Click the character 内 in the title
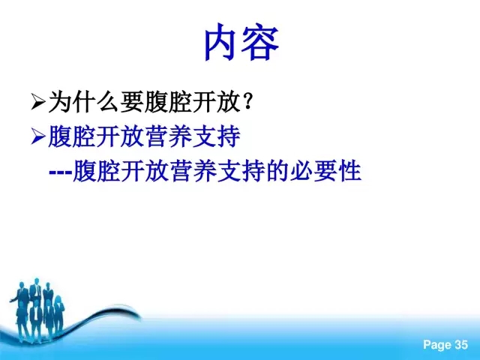(x=222, y=41)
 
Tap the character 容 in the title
(x=260, y=41)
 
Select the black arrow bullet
(x=38, y=102)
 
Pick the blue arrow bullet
(x=38, y=136)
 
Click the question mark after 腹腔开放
(x=247, y=101)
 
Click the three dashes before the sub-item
(x=61, y=172)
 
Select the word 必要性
(x=325, y=171)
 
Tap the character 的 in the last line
(x=277, y=171)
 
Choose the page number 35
(x=461, y=344)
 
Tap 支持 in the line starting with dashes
(x=241, y=171)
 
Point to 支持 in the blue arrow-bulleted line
(x=216, y=136)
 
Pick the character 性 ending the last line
(x=350, y=171)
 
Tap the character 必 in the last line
(x=301, y=171)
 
